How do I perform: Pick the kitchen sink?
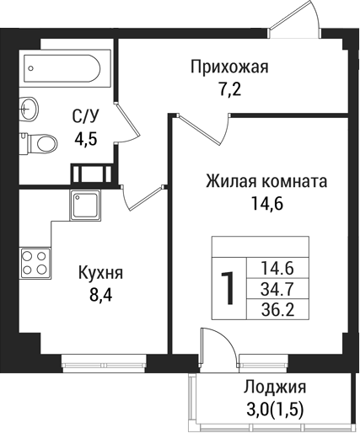pos(85,205)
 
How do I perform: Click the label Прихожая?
pos(229,67)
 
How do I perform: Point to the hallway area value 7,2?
pos(229,89)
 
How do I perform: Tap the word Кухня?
pos(100,273)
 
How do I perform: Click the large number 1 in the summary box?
pos(227,289)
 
